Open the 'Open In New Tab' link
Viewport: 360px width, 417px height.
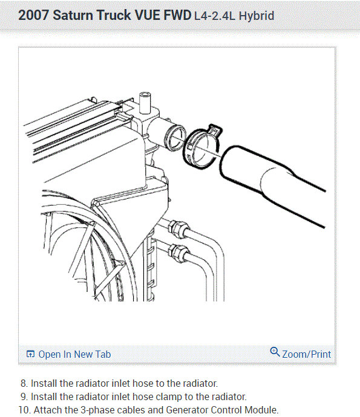coord(74,354)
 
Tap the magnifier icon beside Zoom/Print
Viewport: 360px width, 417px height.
coord(275,352)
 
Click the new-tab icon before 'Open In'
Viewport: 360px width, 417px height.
coord(30,355)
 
